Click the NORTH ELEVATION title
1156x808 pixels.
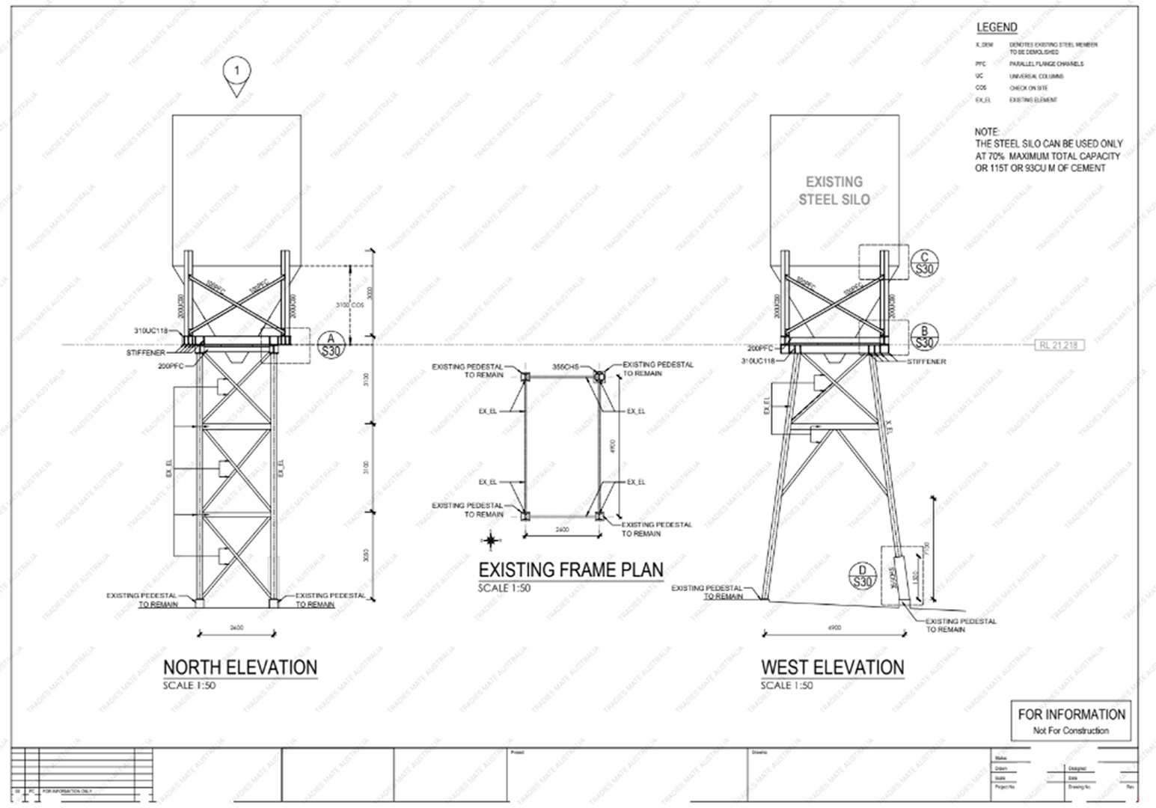(x=240, y=667)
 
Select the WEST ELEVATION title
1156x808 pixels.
(x=832, y=667)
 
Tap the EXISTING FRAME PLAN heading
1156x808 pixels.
(x=570, y=569)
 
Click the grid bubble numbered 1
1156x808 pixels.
(x=237, y=72)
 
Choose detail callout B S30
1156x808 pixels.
(x=925, y=337)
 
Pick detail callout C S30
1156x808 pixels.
(x=925, y=263)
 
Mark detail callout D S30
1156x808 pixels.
(x=863, y=576)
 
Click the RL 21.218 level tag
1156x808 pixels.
(x=1060, y=345)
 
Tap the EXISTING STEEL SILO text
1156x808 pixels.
(x=834, y=191)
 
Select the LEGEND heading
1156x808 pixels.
(x=997, y=28)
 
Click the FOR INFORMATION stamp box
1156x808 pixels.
(x=1071, y=720)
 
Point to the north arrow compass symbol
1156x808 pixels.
(x=489, y=539)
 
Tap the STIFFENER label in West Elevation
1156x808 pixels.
(x=926, y=361)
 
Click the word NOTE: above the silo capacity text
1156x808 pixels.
(x=987, y=132)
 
